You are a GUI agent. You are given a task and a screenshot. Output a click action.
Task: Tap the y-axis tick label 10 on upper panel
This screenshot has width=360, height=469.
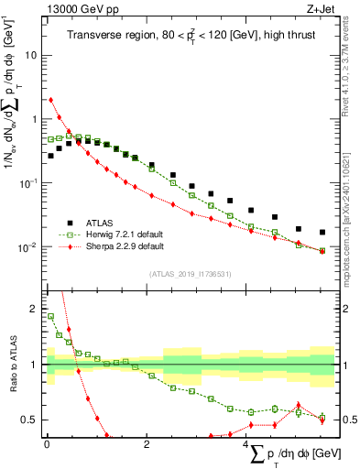point(29,55)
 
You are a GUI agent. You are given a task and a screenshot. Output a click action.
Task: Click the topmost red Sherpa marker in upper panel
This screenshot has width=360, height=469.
point(50,100)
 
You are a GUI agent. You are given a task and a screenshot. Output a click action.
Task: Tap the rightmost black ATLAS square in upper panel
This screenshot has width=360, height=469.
point(322,233)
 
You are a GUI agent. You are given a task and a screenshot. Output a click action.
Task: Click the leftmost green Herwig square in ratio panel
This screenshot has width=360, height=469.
point(50,317)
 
